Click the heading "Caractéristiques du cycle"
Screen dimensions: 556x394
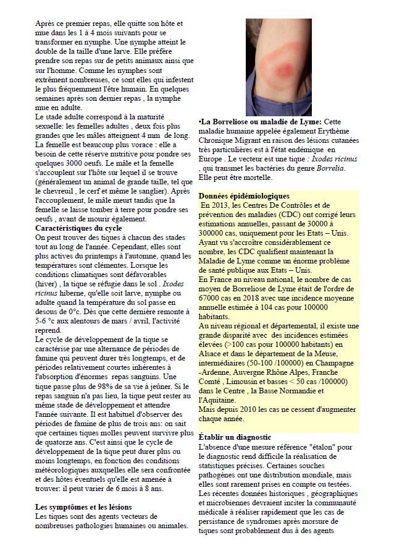tap(78, 228)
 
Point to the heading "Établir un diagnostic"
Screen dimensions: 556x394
tap(236, 437)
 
